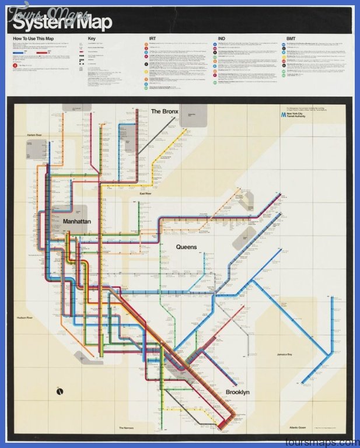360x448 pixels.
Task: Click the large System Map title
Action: coord(55,24)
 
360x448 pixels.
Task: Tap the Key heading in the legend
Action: coord(91,38)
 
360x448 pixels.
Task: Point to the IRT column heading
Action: coord(152,38)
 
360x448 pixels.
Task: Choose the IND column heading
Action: coord(221,38)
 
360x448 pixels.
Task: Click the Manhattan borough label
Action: coord(78,222)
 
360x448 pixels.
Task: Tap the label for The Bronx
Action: coord(163,111)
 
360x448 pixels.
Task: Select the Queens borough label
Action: coord(187,247)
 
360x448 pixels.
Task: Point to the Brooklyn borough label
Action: coord(237,392)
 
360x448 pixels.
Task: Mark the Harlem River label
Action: coord(36,135)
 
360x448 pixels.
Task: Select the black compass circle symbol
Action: coord(60,391)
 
